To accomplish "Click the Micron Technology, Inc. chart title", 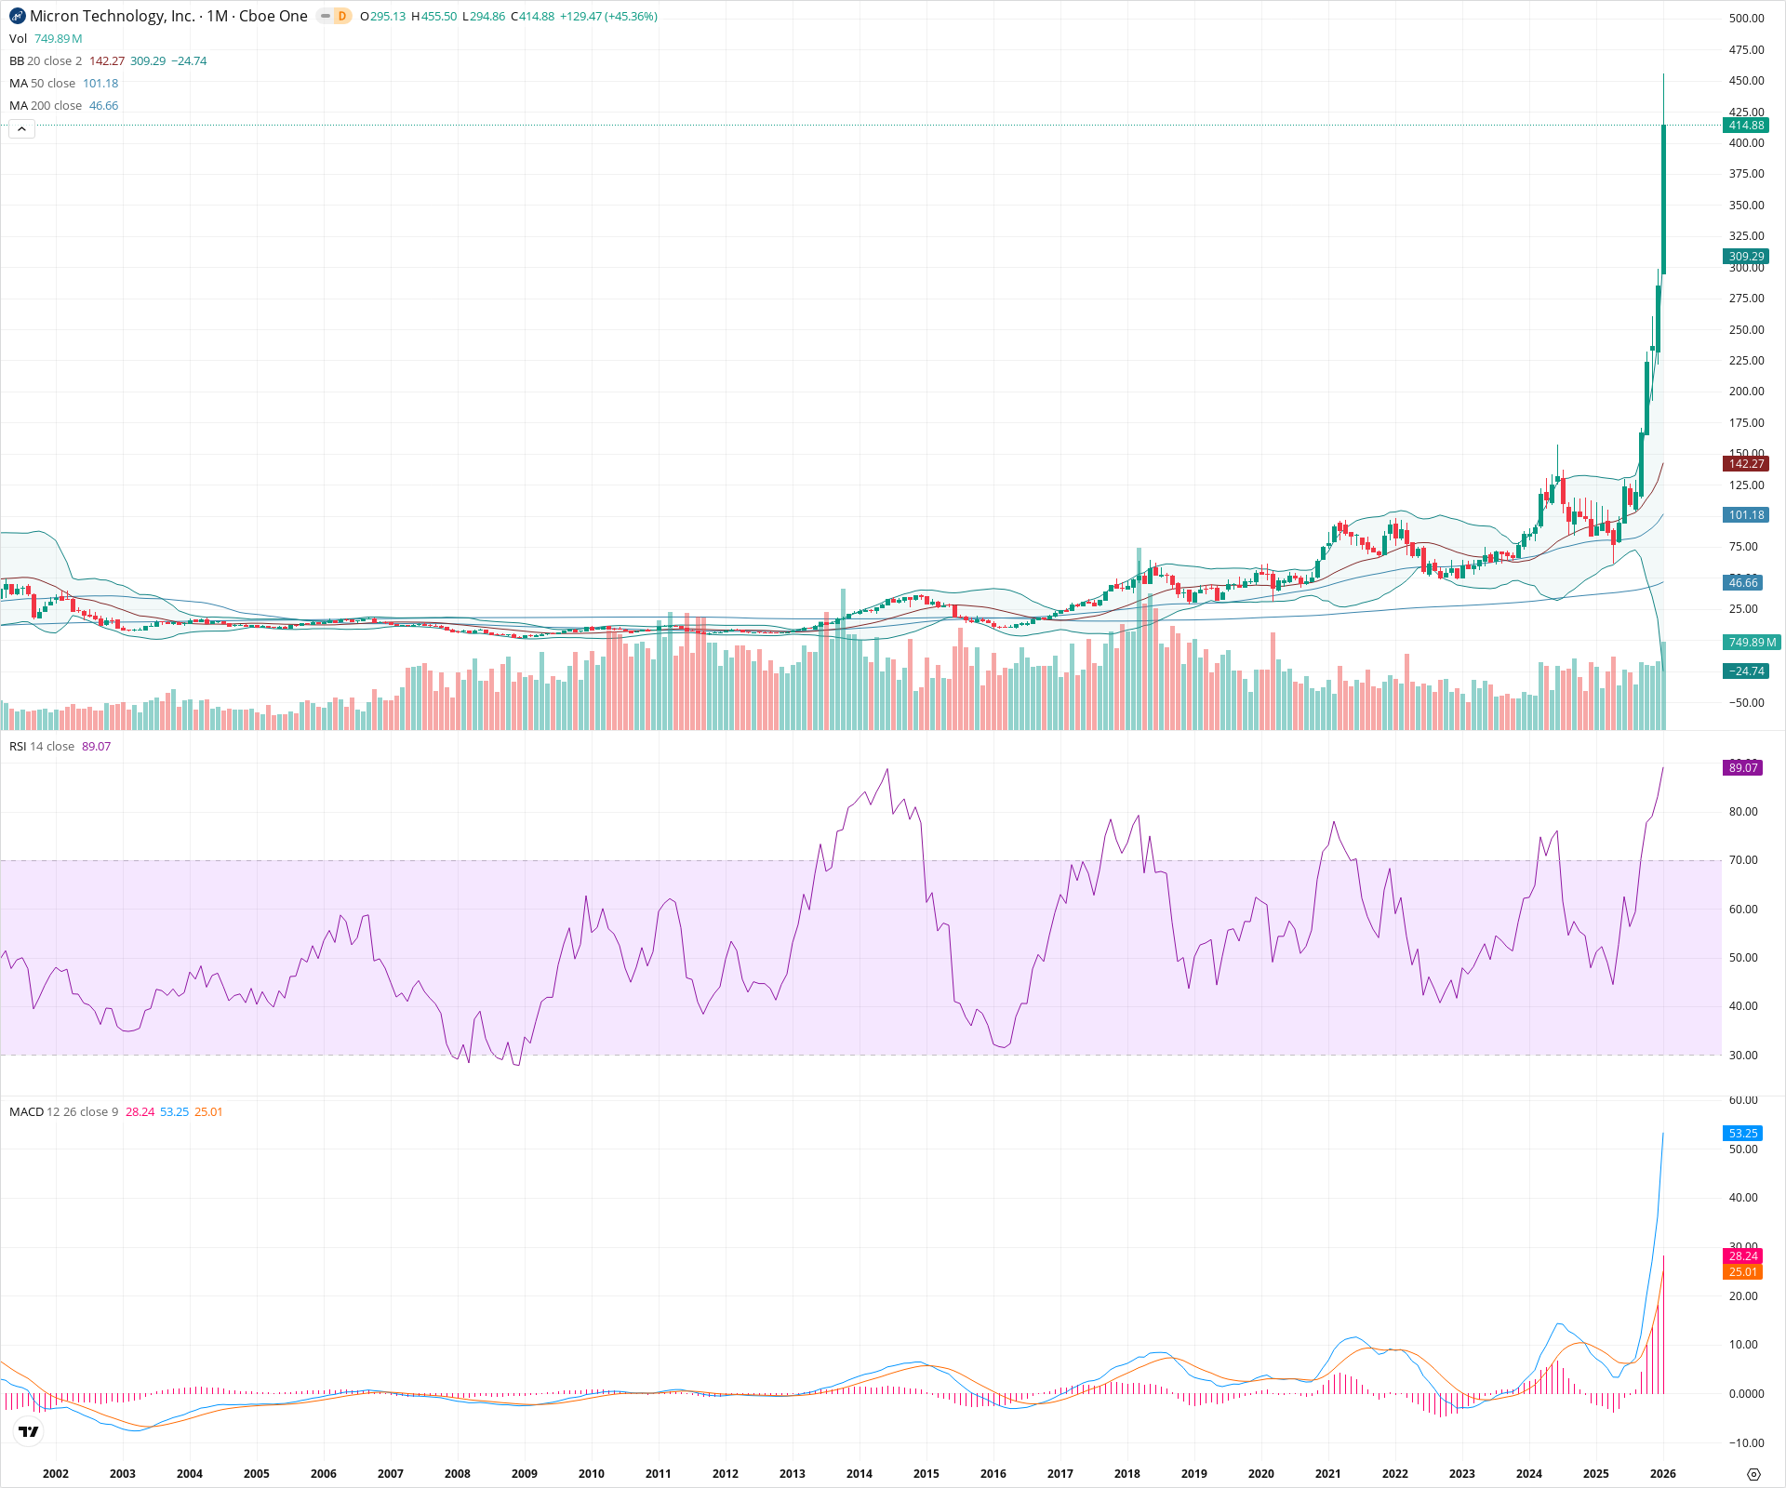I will pyautogui.click(x=113, y=16).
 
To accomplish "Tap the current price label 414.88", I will pyautogui.click(x=1746, y=126).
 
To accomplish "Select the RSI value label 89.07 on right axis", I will pyautogui.click(x=1743, y=768).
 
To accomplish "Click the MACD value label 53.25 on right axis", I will pyautogui.click(x=1743, y=1134).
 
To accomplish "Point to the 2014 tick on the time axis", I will pyautogui.click(x=860, y=1473).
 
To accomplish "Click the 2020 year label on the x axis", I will pyautogui.click(x=1261, y=1473).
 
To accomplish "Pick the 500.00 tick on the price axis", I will pyautogui.click(x=1746, y=19).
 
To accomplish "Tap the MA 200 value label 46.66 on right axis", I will pyautogui.click(x=1743, y=583).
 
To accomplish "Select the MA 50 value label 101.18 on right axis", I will pyautogui.click(x=1746, y=515).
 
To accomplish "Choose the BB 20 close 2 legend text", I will pyautogui.click(x=46, y=61).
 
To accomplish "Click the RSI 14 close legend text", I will pyautogui.click(x=42, y=747).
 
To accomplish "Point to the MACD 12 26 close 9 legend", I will pyautogui.click(x=63, y=1112).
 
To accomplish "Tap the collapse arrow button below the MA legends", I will pyautogui.click(x=22, y=129).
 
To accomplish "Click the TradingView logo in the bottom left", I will pyautogui.click(x=29, y=1432).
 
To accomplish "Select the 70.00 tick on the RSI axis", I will pyautogui.click(x=1743, y=860).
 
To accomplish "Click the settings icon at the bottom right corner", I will pyautogui.click(x=1753, y=1474).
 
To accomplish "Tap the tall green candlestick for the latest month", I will pyautogui.click(x=1664, y=200).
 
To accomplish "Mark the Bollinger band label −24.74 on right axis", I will pyautogui.click(x=1746, y=671).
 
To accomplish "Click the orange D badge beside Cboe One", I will pyautogui.click(x=342, y=16).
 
